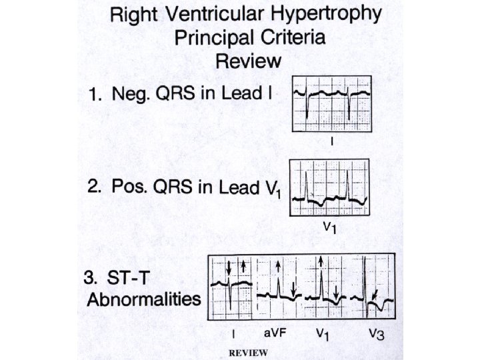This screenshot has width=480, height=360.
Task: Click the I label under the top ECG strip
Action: [x=331, y=142]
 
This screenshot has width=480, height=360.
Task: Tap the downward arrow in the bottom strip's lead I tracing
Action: [x=228, y=268]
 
